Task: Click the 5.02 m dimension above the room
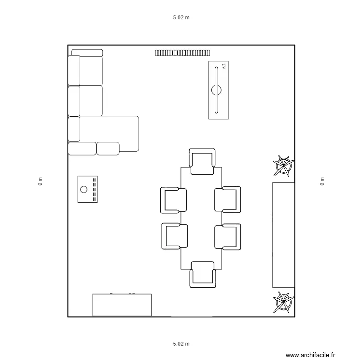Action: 181,18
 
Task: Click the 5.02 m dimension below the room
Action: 181,344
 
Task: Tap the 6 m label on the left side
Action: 41,181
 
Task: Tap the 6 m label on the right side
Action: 322,181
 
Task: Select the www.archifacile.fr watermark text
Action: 310,355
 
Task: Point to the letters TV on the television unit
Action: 223,67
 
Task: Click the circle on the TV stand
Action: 216,89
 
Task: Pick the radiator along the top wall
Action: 182,53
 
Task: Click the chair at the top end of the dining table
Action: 202,162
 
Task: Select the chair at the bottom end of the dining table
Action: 202,274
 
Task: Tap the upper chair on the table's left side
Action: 173,200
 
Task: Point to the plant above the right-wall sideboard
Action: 283,166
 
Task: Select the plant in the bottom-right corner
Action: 283,301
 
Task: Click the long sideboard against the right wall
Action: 283,235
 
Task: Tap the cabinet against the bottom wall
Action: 122,305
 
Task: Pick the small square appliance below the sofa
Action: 88,189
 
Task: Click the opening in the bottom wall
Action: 192,317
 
